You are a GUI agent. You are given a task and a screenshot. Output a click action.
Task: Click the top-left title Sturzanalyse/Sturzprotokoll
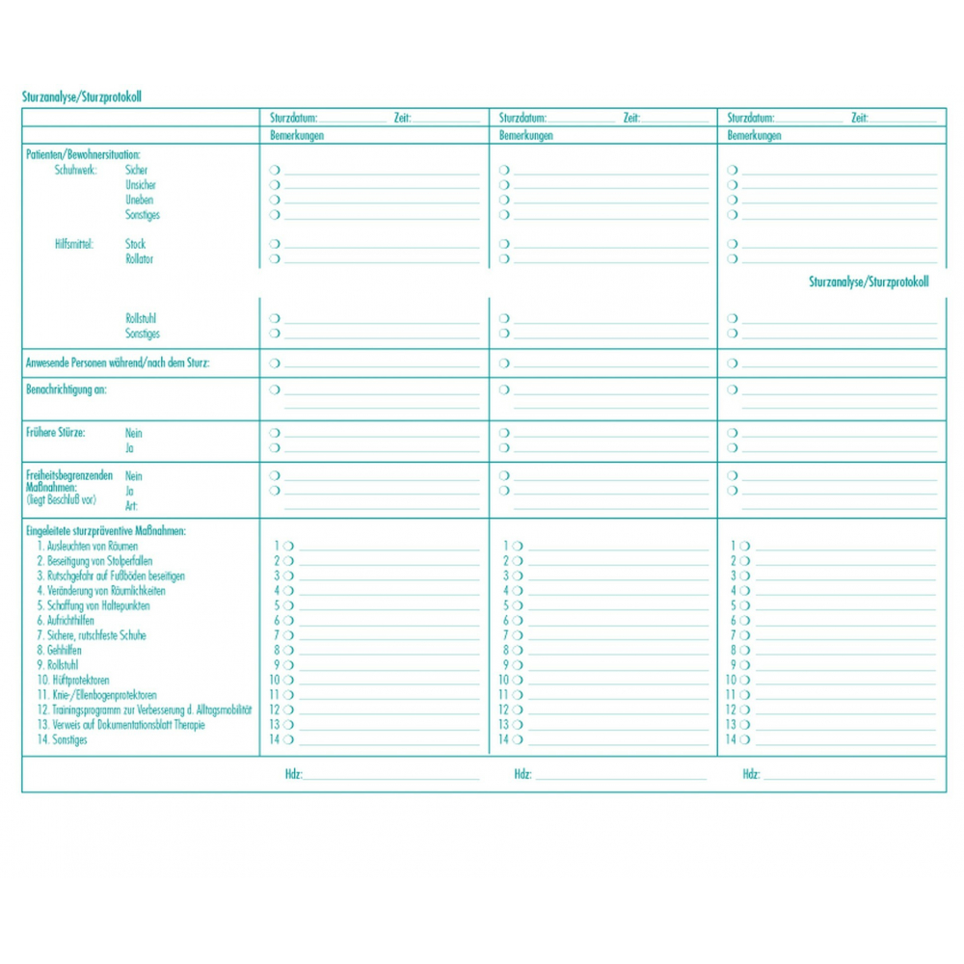(82, 97)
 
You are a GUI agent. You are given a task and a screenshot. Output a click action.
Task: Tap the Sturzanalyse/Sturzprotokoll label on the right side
(868, 282)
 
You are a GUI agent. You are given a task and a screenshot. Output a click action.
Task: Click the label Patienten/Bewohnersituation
(83, 154)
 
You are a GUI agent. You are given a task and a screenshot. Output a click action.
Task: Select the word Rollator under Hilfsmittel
(139, 259)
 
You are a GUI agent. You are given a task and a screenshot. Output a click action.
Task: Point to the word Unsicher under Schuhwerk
(140, 185)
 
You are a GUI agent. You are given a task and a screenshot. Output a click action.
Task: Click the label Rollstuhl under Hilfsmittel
(141, 319)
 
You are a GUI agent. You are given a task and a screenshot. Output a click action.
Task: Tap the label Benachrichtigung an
(66, 390)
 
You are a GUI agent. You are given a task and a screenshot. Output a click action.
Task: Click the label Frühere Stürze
(56, 433)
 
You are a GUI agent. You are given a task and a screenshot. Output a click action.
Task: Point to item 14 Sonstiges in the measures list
(63, 740)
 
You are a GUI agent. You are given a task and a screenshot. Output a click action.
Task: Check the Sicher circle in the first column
(275, 170)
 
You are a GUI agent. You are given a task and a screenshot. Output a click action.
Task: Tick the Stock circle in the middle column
(503, 245)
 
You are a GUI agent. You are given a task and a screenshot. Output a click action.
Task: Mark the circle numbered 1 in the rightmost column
(745, 547)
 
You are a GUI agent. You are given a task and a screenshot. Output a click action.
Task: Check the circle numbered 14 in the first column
(288, 740)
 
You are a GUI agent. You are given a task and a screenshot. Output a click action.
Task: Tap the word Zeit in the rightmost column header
(859, 118)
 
